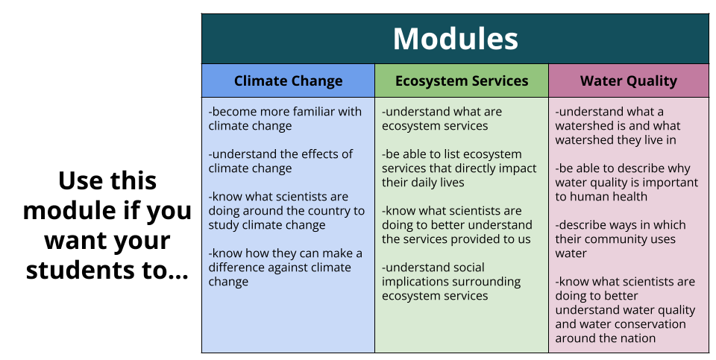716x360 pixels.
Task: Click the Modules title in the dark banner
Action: (455, 39)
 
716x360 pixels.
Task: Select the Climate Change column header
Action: (288, 80)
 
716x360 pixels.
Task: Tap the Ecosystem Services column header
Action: (462, 80)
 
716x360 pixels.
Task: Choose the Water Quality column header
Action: (628, 80)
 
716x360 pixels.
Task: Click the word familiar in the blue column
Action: (315, 112)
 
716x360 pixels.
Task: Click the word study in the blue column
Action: (223, 225)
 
